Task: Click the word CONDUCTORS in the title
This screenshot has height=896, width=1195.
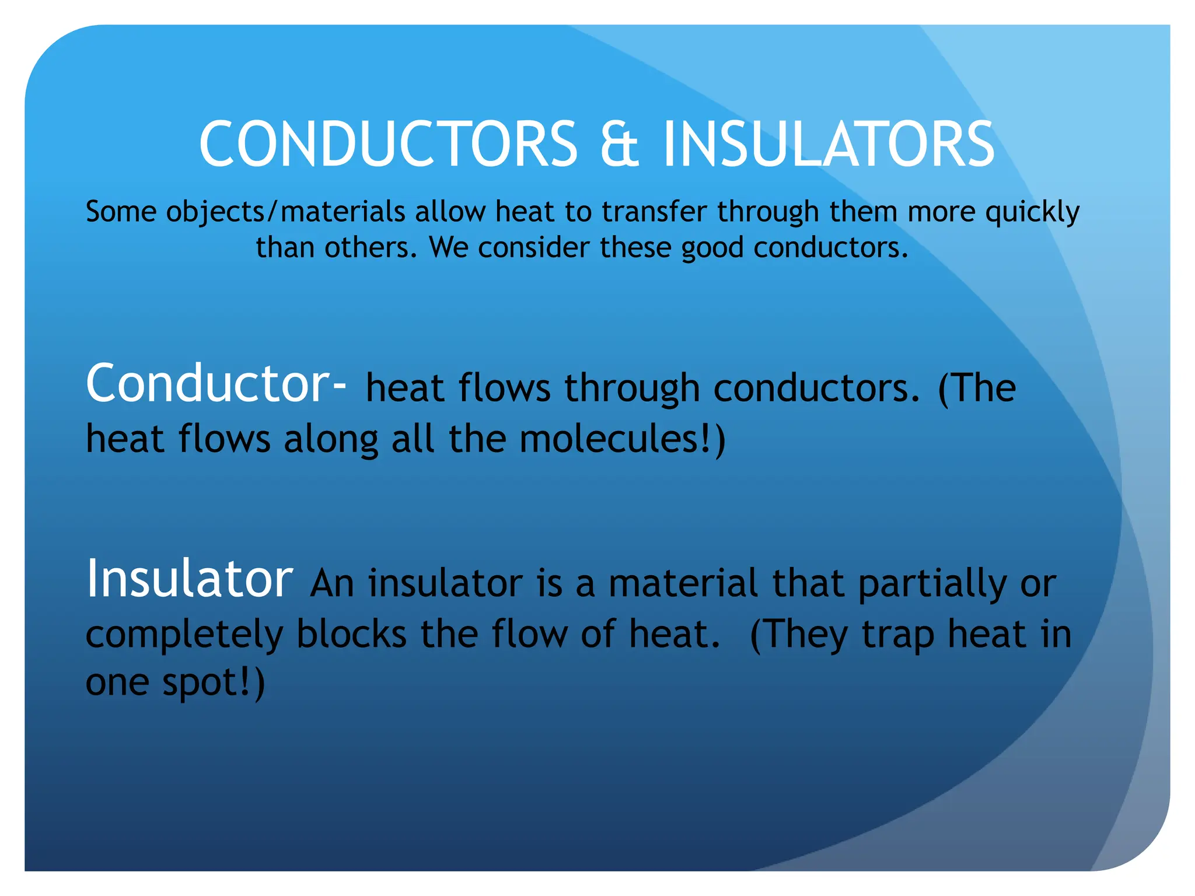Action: (388, 144)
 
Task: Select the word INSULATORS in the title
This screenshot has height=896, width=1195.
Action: (829, 144)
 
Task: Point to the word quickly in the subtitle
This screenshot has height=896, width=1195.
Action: (1032, 212)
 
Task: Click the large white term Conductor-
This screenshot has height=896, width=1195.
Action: (216, 384)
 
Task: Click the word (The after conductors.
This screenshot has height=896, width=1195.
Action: (977, 388)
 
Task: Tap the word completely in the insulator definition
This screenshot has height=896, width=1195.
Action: (184, 635)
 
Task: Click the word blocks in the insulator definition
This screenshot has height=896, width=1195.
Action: (351, 634)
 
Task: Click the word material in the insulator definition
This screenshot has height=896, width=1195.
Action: (683, 583)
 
